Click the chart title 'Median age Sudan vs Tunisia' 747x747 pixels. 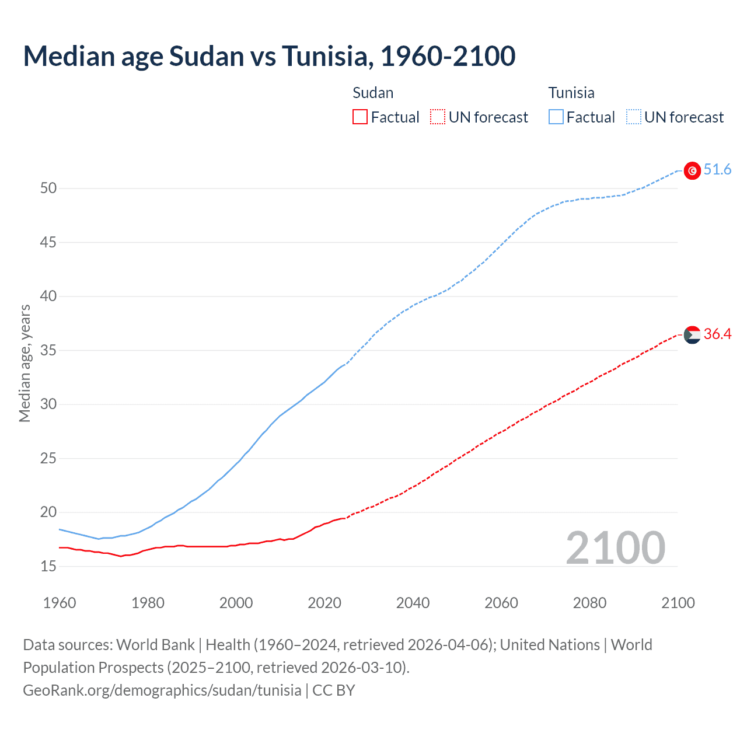(269, 56)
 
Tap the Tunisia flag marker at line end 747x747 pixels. (692, 170)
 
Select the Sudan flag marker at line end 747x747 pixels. (692, 335)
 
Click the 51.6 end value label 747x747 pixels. (717, 170)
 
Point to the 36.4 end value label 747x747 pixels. (717, 334)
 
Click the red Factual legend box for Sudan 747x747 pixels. (360, 117)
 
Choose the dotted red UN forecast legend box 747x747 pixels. (438, 117)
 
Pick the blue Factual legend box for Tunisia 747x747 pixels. (556, 117)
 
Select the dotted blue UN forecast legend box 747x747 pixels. (633, 117)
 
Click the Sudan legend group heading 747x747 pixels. (373, 93)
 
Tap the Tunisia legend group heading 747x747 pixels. (571, 93)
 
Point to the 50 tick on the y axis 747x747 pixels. (48, 188)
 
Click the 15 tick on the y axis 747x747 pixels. (48, 566)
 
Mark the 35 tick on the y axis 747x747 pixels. (48, 350)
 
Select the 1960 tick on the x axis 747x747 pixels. (60, 603)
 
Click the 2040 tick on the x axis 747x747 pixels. (413, 603)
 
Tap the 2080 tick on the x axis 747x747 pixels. (589, 603)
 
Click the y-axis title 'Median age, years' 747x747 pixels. (25, 363)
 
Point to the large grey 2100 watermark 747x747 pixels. (615, 548)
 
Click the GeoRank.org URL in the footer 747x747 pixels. (162, 690)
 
